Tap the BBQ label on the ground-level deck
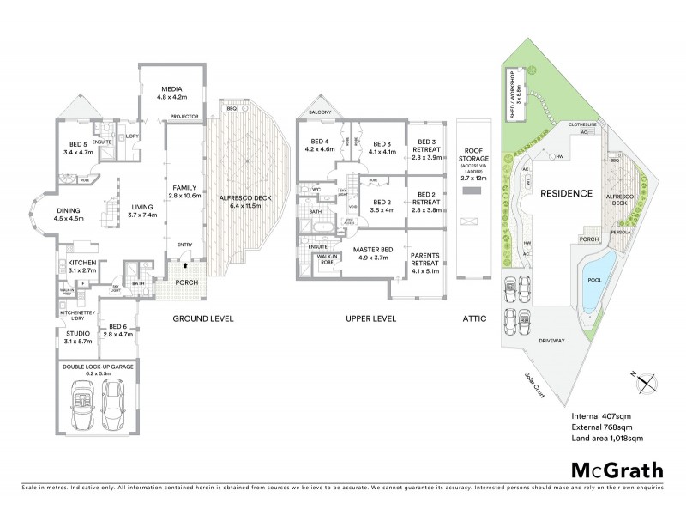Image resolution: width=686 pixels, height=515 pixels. (231, 108)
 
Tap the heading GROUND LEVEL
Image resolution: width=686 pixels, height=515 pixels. (203, 318)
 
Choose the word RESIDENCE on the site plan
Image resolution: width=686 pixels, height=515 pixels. (566, 194)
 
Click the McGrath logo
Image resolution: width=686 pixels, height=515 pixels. (617, 470)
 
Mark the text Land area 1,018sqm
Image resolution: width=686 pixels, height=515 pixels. (607, 439)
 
